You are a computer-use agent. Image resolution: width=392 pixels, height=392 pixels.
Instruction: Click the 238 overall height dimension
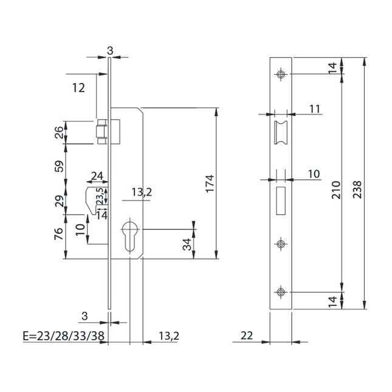point(357,190)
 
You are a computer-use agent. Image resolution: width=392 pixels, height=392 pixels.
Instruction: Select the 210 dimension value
point(336,190)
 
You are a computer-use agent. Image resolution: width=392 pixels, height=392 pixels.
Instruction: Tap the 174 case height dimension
point(210,184)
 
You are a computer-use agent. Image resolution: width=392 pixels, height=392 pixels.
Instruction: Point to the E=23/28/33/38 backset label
point(63,335)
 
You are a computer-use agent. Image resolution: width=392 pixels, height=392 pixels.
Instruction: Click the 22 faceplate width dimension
point(247,335)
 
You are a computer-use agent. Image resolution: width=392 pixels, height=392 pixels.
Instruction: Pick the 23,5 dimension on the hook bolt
point(100,196)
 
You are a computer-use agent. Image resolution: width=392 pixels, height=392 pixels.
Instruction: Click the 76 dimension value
point(59,234)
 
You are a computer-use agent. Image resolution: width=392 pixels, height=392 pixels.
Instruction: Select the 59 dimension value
point(59,167)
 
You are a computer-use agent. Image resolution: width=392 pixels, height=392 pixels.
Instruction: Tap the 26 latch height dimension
point(59,132)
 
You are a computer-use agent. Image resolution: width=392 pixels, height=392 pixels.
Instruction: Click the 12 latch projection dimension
point(78,88)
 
